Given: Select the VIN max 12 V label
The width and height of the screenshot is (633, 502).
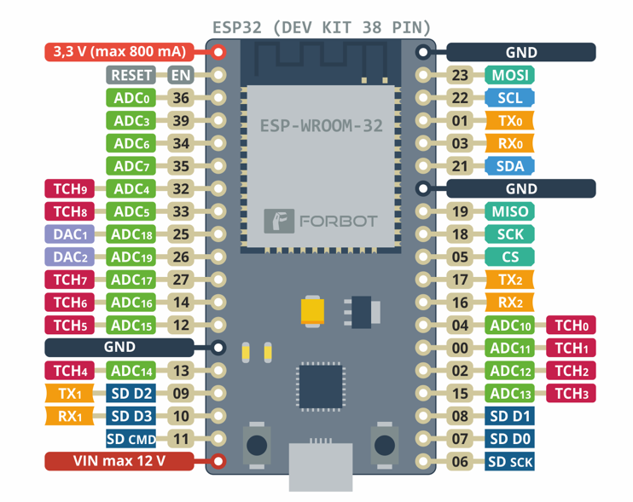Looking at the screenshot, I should (x=119, y=461).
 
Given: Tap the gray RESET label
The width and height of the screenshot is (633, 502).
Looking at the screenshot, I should (x=133, y=75).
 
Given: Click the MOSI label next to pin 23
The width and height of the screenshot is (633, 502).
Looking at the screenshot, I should (x=509, y=75).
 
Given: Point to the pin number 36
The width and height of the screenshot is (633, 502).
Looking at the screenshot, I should (x=181, y=98).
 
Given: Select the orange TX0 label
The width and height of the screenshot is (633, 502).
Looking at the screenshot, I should (x=509, y=120).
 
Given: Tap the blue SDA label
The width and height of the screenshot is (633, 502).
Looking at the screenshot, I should (x=509, y=165).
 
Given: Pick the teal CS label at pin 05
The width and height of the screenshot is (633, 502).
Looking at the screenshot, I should (x=509, y=257).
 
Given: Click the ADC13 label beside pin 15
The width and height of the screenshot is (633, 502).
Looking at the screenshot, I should (x=512, y=393).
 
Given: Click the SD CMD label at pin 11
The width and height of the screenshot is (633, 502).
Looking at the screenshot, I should (x=131, y=439).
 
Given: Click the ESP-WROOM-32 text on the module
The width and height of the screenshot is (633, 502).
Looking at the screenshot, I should (x=321, y=126).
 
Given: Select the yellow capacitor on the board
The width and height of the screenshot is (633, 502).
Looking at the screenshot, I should (x=313, y=309).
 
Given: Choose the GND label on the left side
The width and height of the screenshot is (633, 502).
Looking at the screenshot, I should (x=119, y=347).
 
